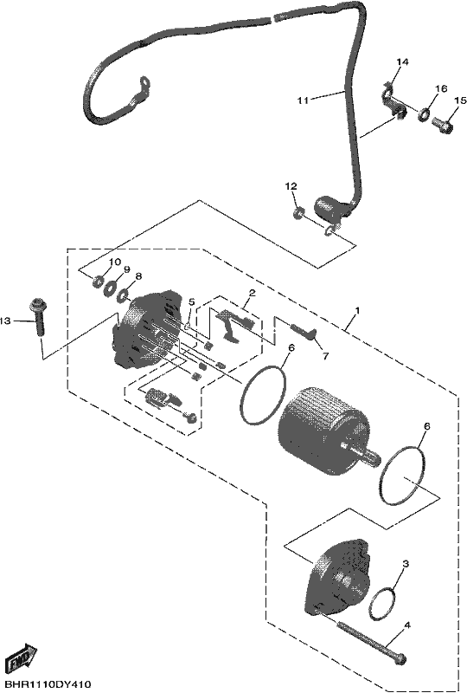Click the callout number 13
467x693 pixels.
[5, 321]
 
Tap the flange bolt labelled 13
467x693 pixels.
[37, 317]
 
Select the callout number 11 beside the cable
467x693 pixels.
[303, 100]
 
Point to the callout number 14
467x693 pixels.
[401, 62]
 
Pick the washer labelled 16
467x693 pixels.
[423, 114]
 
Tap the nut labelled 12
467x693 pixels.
[298, 213]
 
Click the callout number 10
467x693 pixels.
[114, 262]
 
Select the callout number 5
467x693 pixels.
[192, 301]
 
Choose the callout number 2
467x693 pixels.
[252, 293]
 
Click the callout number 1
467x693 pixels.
[357, 311]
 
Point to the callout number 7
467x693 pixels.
[325, 356]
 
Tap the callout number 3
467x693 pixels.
[406, 564]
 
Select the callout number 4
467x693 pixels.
[407, 625]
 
